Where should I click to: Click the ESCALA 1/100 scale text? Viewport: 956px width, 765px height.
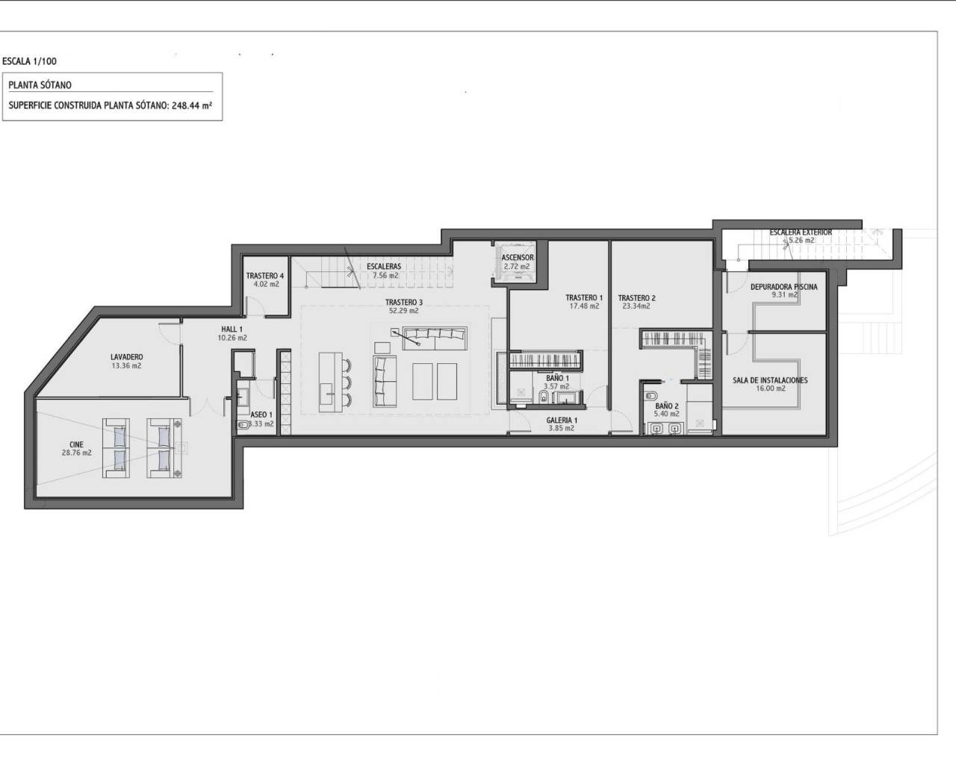click(x=29, y=62)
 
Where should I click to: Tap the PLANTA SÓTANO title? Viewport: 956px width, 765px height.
click(x=40, y=85)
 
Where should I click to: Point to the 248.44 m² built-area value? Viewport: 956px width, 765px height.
click(x=192, y=105)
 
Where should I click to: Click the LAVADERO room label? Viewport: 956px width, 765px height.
click(x=126, y=357)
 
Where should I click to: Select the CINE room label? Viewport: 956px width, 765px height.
click(x=76, y=445)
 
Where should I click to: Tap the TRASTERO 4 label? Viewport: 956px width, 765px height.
click(x=264, y=276)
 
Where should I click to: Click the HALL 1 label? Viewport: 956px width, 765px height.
click(x=232, y=329)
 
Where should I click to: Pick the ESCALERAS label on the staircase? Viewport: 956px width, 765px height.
click(x=384, y=266)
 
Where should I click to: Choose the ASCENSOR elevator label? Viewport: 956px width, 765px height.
click(x=517, y=258)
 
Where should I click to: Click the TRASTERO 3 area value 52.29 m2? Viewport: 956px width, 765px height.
click(x=404, y=311)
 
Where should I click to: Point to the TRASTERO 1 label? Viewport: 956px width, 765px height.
click(x=584, y=297)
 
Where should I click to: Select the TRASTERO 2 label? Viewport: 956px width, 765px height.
click(x=636, y=297)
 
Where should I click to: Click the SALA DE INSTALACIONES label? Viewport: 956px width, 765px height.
click(x=770, y=380)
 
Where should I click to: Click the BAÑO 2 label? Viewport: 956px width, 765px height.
click(x=667, y=406)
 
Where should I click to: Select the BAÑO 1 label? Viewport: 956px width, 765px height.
click(x=557, y=378)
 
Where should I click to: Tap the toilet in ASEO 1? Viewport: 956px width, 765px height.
click(x=243, y=425)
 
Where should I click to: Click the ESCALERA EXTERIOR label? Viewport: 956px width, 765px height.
click(x=801, y=232)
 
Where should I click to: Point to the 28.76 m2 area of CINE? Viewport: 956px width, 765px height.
click(x=76, y=453)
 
